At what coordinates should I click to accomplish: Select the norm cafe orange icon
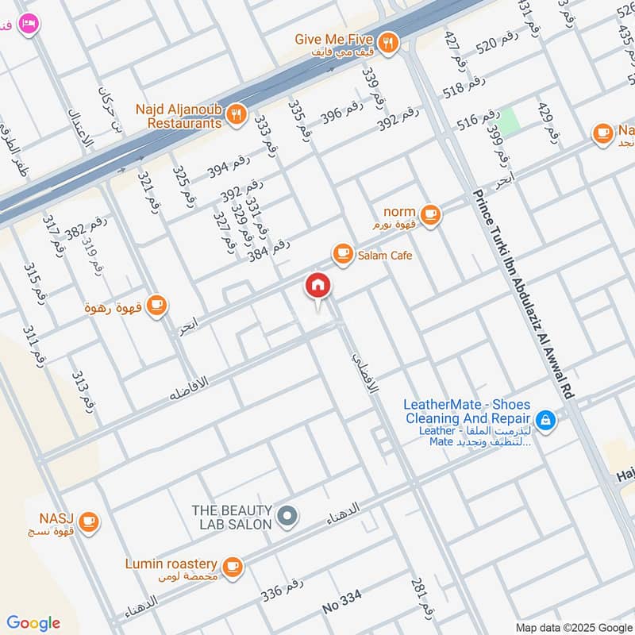pos(430,214)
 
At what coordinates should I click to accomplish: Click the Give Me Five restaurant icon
pos(387,43)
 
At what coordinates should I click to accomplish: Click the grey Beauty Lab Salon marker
pos(289,517)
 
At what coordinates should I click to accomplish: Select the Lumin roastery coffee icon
pos(232,565)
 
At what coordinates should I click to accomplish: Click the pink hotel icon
pos(29,25)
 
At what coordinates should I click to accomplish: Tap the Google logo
pos(33,623)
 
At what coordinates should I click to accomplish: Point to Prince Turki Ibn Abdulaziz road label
pos(526,294)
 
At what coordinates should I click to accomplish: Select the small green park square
pos(510,120)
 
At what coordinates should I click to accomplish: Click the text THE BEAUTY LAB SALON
pos(232,517)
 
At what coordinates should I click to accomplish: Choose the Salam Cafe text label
pos(385,255)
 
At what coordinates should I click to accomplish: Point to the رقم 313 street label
pos(84,391)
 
